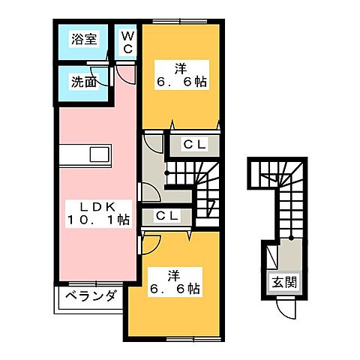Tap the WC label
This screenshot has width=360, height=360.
[127, 42]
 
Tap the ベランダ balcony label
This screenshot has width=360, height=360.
[89, 296]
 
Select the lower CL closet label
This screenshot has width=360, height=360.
[166, 216]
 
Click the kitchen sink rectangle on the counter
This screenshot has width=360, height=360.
[100, 155]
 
